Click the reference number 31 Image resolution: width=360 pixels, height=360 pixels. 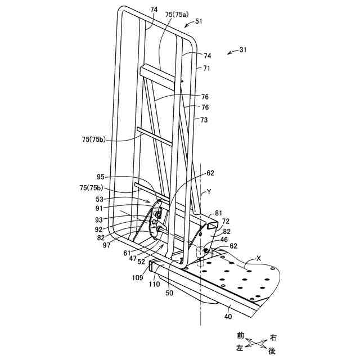[242, 49]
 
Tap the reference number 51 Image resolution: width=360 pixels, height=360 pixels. [199, 22]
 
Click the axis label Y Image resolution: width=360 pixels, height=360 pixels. [209, 191]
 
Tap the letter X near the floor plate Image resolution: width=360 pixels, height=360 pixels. [257, 258]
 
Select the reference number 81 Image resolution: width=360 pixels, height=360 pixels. [219, 214]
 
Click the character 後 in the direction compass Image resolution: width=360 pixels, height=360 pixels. [272, 350]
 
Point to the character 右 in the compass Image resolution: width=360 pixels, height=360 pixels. [273, 337]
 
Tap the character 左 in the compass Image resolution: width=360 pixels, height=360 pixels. [240, 349]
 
